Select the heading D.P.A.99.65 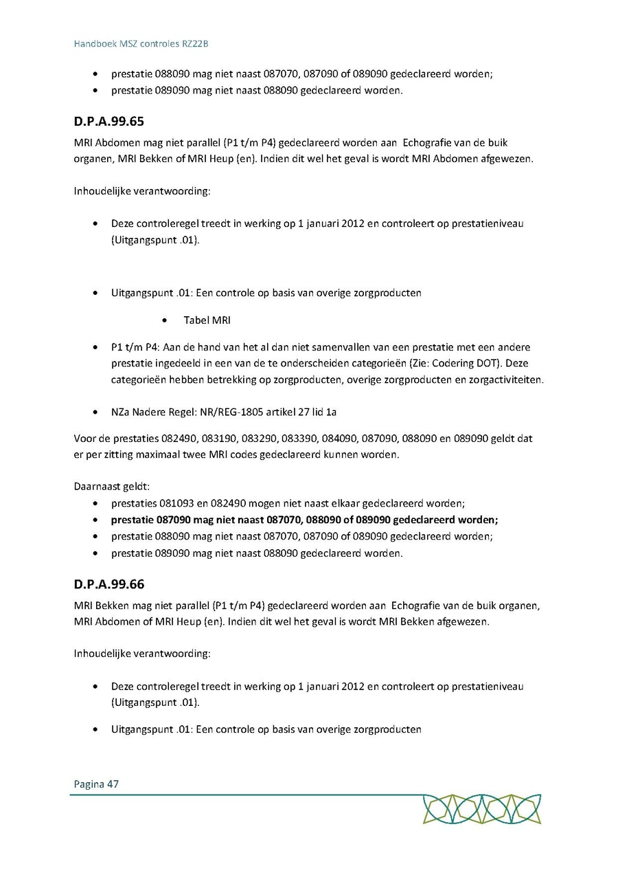(x=108, y=122)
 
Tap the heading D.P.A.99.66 (x=108, y=584)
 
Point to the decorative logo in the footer (x=481, y=809)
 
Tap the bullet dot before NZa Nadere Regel (x=95, y=412)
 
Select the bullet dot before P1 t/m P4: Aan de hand (x=95, y=348)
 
